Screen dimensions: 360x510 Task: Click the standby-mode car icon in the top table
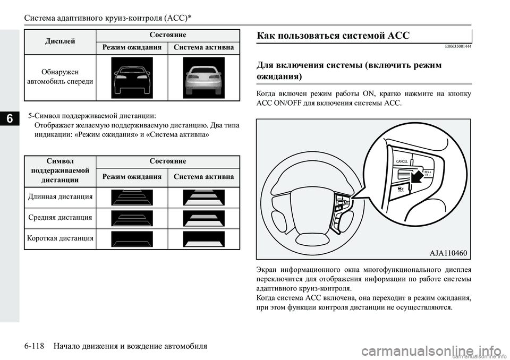coord(132,78)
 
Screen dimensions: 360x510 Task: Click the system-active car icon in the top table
coord(203,78)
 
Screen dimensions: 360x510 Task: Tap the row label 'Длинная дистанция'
coord(61,197)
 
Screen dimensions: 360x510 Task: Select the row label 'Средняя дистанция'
coord(61,218)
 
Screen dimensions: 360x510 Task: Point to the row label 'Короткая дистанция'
coord(61,238)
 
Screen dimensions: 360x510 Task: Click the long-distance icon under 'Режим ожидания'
coord(132,197)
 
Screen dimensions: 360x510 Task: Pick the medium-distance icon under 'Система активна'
coord(203,218)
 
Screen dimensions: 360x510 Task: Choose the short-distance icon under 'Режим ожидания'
coord(132,239)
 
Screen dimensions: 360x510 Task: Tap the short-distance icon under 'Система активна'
coord(203,239)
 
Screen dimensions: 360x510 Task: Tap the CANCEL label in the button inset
coord(401,161)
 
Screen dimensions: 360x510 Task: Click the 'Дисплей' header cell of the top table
coord(61,40)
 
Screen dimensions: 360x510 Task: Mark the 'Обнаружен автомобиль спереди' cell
coord(61,76)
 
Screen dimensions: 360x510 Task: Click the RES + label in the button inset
coord(428,172)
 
